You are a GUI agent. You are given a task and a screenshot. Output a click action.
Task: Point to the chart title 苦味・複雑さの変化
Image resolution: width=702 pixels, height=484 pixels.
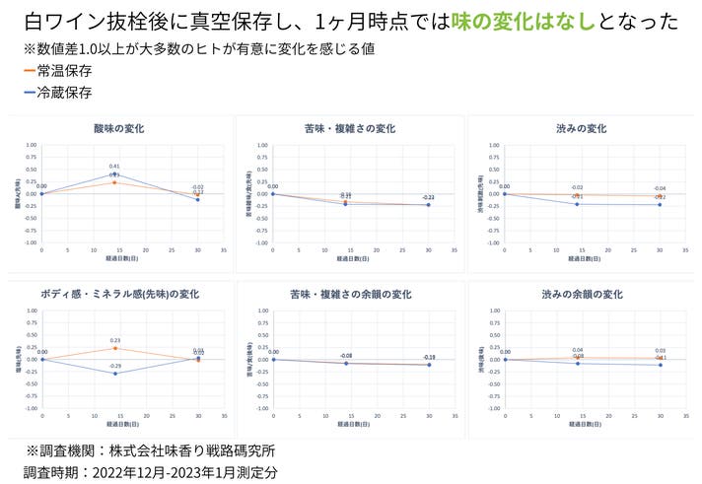pos(350,128)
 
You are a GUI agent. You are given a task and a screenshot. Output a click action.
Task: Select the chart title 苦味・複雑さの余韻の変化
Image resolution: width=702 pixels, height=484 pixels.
pos(350,294)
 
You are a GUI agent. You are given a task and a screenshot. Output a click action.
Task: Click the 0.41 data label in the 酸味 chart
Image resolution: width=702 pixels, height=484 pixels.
pos(115,167)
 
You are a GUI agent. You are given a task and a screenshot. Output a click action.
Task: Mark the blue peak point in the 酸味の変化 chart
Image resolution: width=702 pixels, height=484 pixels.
pos(114,174)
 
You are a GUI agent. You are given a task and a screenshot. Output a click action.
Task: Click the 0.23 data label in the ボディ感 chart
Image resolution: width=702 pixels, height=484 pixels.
pos(114,340)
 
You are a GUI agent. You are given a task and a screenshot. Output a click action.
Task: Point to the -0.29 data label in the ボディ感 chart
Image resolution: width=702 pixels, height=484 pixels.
pos(114,367)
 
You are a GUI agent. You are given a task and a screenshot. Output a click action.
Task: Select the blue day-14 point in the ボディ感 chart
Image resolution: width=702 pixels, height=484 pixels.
pos(114,374)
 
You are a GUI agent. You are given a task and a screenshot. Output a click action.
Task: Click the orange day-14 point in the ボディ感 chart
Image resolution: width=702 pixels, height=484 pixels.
pos(114,348)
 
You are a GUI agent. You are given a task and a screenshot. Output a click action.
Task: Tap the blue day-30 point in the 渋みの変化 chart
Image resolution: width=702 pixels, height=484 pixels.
pos(660,204)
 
